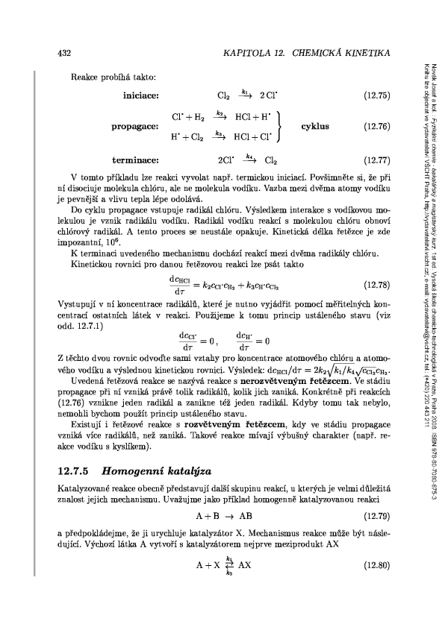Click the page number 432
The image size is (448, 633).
(x=65, y=54)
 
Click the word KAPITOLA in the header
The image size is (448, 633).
(x=238, y=54)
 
